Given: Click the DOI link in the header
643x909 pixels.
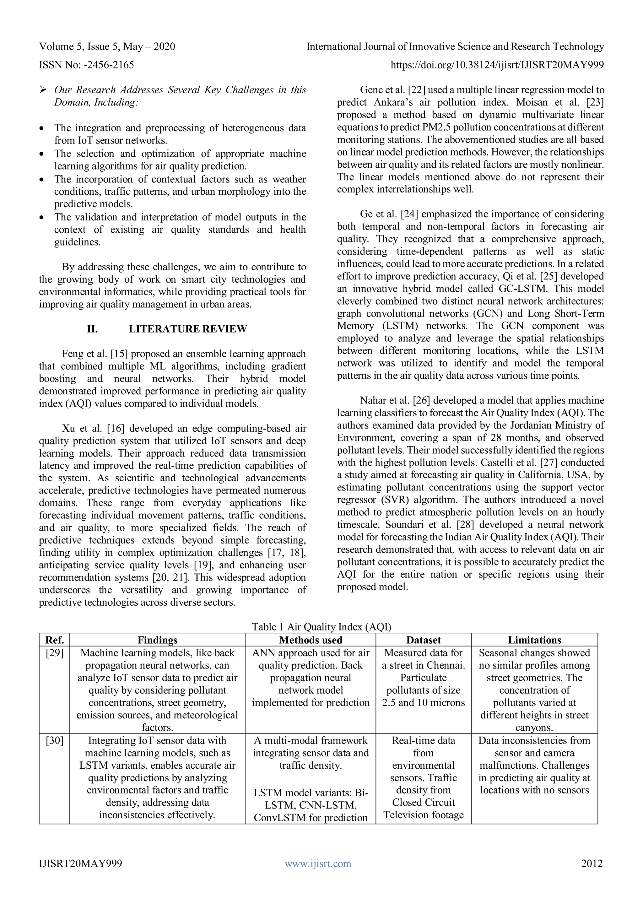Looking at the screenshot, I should pyautogui.click(x=497, y=65).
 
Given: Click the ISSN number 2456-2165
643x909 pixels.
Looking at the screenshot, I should pyautogui.click(x=109, y=65).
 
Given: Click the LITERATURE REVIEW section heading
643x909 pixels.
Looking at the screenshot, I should pyautogui.click(x=188, y=329).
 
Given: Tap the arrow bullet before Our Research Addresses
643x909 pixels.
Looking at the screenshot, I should pyautogui.click(x=43, y=90).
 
